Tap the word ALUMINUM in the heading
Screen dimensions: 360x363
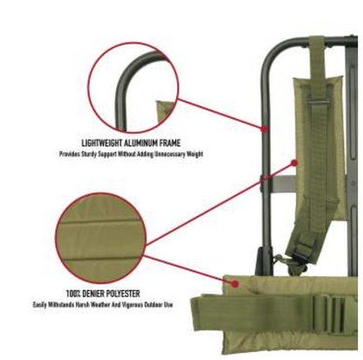(x=141, y=142)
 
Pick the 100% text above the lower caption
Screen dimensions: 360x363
(x=74, y=293)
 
